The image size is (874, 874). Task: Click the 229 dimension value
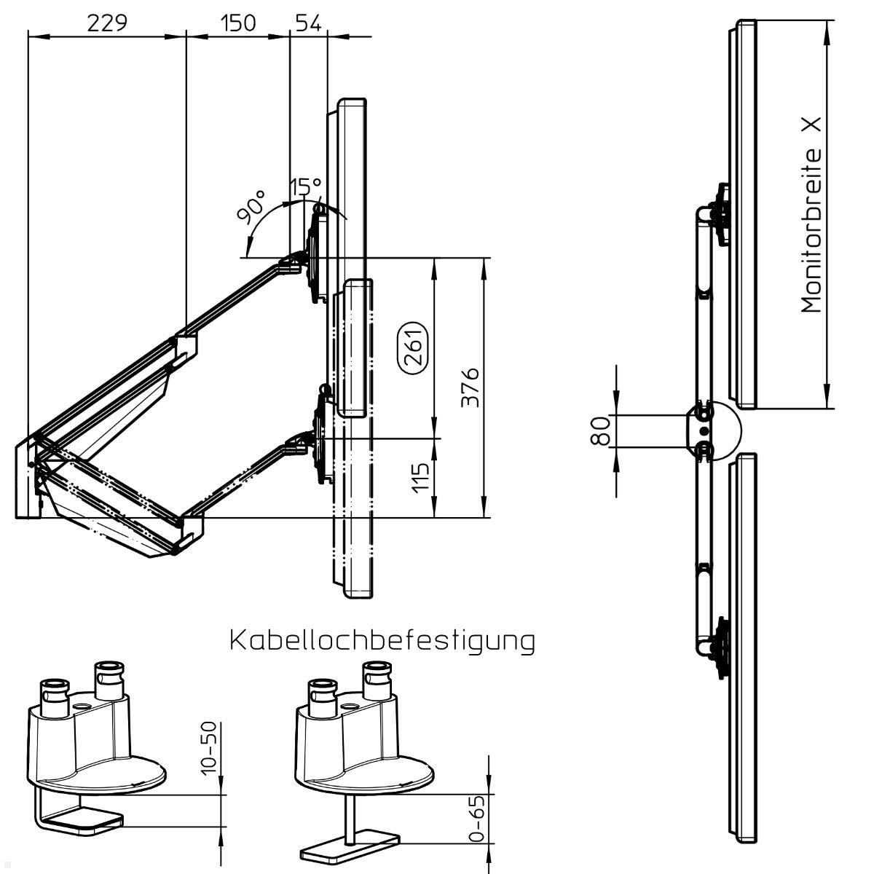[107, 23]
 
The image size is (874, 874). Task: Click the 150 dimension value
[238, 23]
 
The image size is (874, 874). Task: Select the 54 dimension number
[308, 23]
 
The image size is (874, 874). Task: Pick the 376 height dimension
[470, 387]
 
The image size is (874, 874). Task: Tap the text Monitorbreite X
[811, 215]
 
